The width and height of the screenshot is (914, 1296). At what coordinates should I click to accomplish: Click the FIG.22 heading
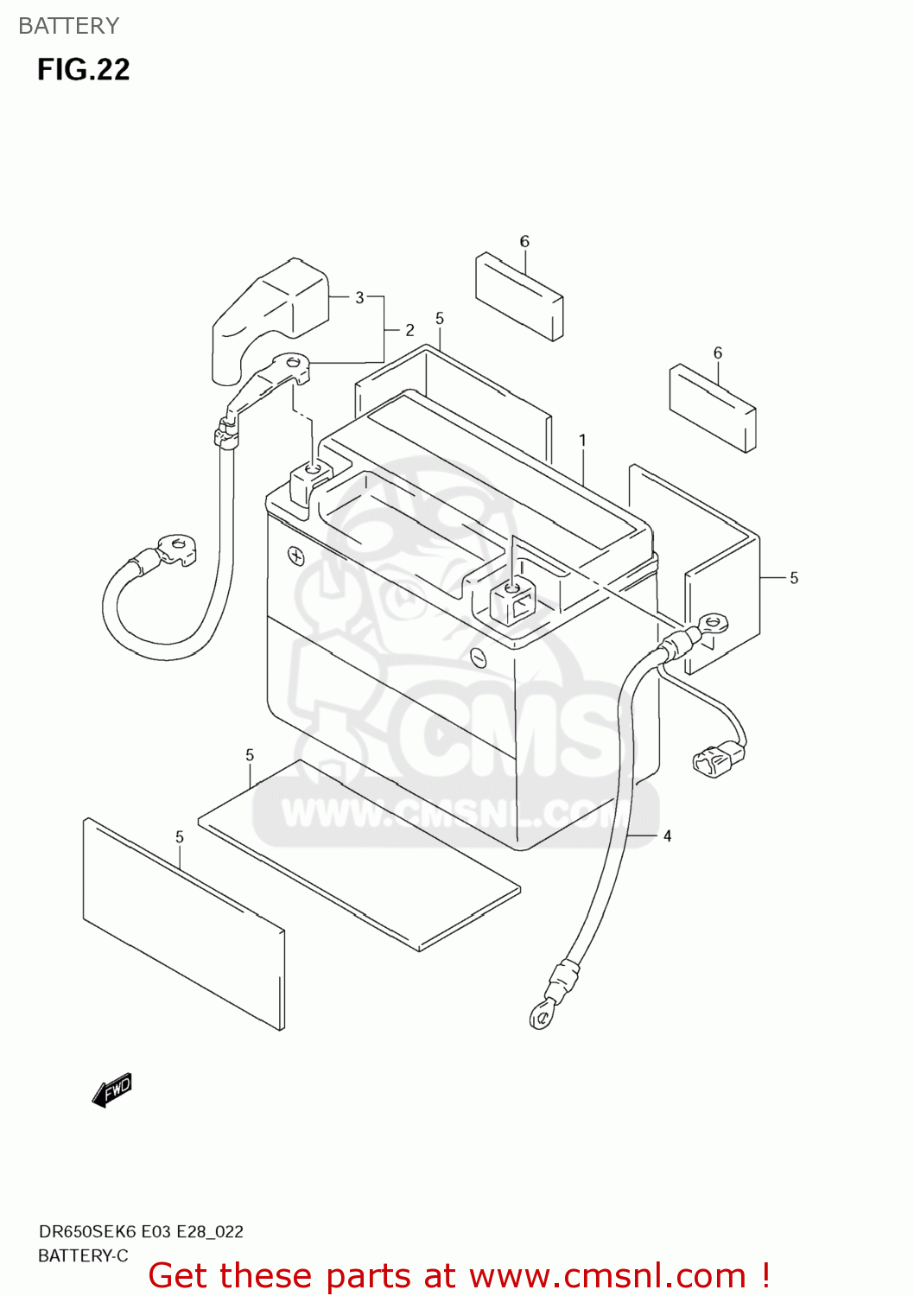point(83,69)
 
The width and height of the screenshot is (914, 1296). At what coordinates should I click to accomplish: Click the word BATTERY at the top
point(68,26)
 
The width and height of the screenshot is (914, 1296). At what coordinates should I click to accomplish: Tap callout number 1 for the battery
point(582,441)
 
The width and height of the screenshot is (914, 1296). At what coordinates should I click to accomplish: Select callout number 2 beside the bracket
point(409,330)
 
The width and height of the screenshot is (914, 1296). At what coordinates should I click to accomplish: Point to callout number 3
point(359,297)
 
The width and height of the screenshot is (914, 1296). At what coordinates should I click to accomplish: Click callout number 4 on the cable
point(667,835)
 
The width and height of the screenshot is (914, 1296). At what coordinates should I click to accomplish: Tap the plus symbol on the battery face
point(296,556)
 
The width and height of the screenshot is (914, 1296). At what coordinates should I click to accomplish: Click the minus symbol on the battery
point(478,658)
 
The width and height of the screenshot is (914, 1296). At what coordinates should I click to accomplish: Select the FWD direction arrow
point(112,1090)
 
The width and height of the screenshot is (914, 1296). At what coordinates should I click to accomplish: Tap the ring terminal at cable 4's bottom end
point(542,1016)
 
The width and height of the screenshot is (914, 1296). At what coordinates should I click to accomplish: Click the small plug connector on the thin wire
point(717,760)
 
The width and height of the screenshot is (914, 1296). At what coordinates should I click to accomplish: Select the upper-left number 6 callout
point(524,242)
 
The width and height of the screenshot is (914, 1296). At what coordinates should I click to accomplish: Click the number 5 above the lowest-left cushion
point(180,836)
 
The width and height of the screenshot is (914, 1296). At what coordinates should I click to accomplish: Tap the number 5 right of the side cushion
point(794,578)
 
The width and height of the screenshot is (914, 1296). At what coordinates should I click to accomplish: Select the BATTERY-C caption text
point(83,1255)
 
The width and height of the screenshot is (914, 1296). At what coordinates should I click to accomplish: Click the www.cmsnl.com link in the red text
point(607,1275)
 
